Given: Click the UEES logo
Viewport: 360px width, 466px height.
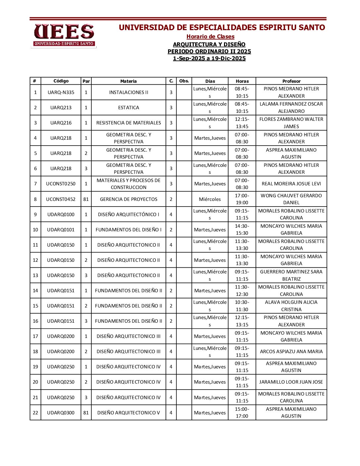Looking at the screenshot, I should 64,35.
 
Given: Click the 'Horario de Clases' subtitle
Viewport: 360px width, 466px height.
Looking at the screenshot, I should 210,37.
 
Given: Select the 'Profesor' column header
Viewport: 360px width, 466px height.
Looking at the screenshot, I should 291,81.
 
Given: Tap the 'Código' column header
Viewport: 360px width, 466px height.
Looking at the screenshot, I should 61,81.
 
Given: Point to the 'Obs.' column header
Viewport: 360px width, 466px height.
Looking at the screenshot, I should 184,81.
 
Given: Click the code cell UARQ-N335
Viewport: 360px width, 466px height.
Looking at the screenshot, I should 61,92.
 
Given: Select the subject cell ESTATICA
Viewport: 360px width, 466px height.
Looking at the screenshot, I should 128,108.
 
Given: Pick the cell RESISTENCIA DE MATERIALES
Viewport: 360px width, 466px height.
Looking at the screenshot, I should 128,123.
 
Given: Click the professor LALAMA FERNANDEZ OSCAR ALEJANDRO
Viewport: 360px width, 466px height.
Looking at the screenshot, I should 291,108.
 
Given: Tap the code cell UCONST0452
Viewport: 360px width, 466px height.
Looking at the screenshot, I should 61,199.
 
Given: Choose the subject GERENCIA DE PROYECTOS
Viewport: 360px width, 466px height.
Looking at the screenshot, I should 128,199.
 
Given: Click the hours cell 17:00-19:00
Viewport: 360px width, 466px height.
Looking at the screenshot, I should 242,199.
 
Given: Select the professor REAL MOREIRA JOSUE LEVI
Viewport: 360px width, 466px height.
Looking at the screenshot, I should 291,184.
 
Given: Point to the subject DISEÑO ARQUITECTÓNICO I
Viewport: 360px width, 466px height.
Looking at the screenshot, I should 128,214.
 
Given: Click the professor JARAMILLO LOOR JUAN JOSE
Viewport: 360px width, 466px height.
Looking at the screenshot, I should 291,382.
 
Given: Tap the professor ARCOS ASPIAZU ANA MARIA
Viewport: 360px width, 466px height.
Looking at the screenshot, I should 291,351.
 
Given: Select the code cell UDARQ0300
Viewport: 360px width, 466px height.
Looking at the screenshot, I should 61,413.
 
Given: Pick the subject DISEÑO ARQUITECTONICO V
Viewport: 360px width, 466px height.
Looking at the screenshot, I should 128,413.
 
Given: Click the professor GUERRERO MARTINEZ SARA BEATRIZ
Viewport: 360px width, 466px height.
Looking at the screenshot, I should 291,275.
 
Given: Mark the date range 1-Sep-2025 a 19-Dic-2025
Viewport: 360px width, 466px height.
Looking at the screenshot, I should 209,59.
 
